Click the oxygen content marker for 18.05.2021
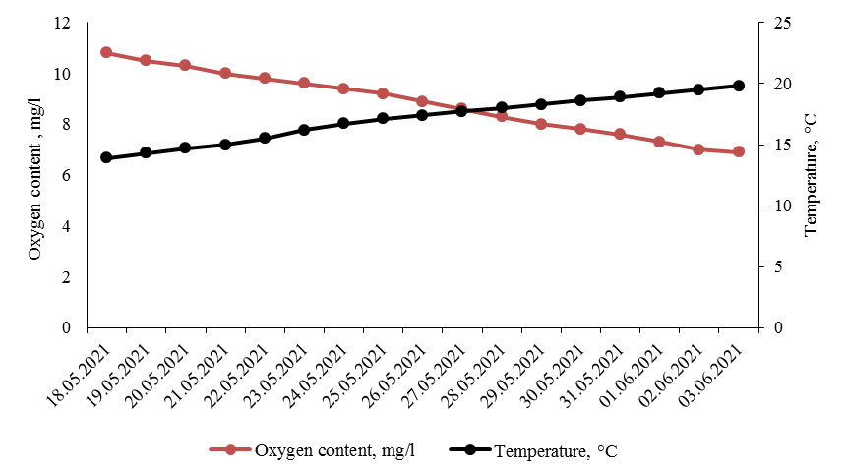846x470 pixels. pos(106,52)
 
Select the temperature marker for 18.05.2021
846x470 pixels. pos(106,157)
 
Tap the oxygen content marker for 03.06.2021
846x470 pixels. pos(739,151)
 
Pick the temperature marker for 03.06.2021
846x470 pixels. pos(739,86)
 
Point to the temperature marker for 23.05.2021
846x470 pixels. pos(304,130)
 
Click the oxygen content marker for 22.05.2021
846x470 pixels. pos(265,78)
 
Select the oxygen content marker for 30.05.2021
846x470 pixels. pos(580,129)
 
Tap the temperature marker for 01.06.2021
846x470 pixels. pos(659,92)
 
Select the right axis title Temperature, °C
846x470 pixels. pos(811,175)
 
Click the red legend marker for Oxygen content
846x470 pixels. pos(230,450)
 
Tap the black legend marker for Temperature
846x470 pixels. pos(470,450)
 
